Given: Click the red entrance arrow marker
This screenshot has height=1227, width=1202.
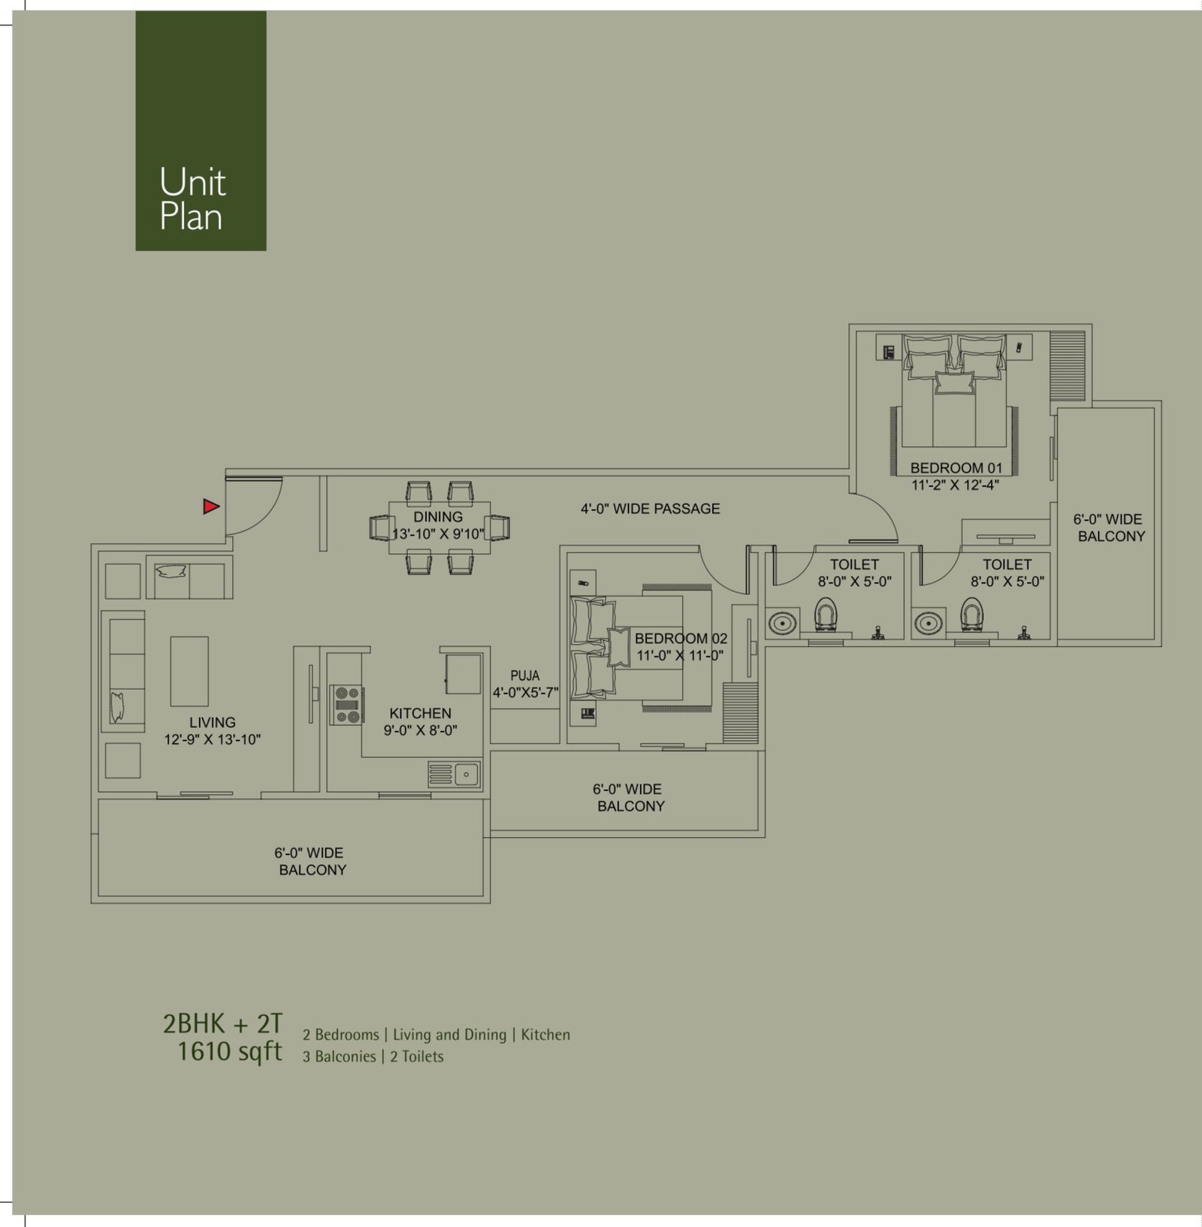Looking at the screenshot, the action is coord(211,506).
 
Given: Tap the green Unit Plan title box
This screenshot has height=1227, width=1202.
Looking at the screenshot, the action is coord(201,131).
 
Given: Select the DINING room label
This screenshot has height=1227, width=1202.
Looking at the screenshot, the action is coord(438,517).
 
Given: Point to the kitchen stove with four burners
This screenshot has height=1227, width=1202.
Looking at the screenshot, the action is coord(346,706).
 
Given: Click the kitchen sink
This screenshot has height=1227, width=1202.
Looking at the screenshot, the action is coord(455,774).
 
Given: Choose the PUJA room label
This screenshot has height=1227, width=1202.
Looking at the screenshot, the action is coord(524,676).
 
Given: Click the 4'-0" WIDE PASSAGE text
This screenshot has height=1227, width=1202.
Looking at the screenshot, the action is coord(651,509).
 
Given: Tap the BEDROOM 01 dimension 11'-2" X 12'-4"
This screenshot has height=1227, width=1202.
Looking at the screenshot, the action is coord(956,485).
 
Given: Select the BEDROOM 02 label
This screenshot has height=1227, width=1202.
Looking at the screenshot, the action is coord(681,639).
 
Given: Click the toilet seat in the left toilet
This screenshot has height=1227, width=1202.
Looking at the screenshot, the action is coord(826,615).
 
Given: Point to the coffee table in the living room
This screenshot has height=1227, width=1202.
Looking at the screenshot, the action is coord(189,671).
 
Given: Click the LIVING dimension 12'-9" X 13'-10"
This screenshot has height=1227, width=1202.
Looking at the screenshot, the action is coord(213,739).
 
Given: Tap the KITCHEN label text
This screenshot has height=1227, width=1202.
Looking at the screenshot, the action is coord(421,713).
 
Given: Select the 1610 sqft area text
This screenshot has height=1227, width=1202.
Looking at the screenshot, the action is coord(230,1051).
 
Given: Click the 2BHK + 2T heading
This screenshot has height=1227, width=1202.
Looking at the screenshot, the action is coord(222,1023).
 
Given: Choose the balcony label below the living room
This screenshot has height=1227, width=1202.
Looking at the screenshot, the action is coord(311,861).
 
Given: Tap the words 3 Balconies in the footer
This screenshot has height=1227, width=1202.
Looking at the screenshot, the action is coord(340,1056).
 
